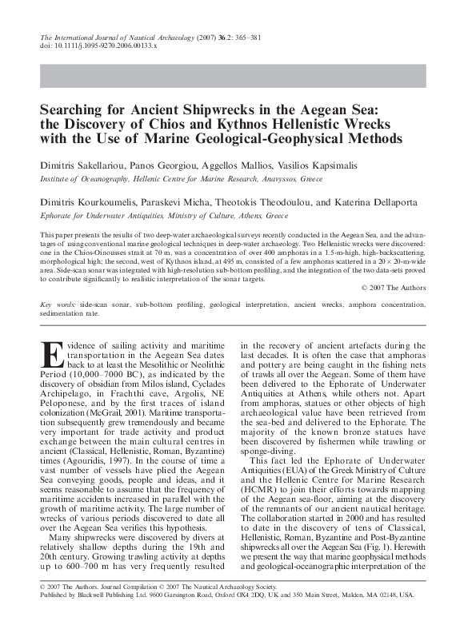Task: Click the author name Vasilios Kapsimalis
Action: (314, 165)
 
